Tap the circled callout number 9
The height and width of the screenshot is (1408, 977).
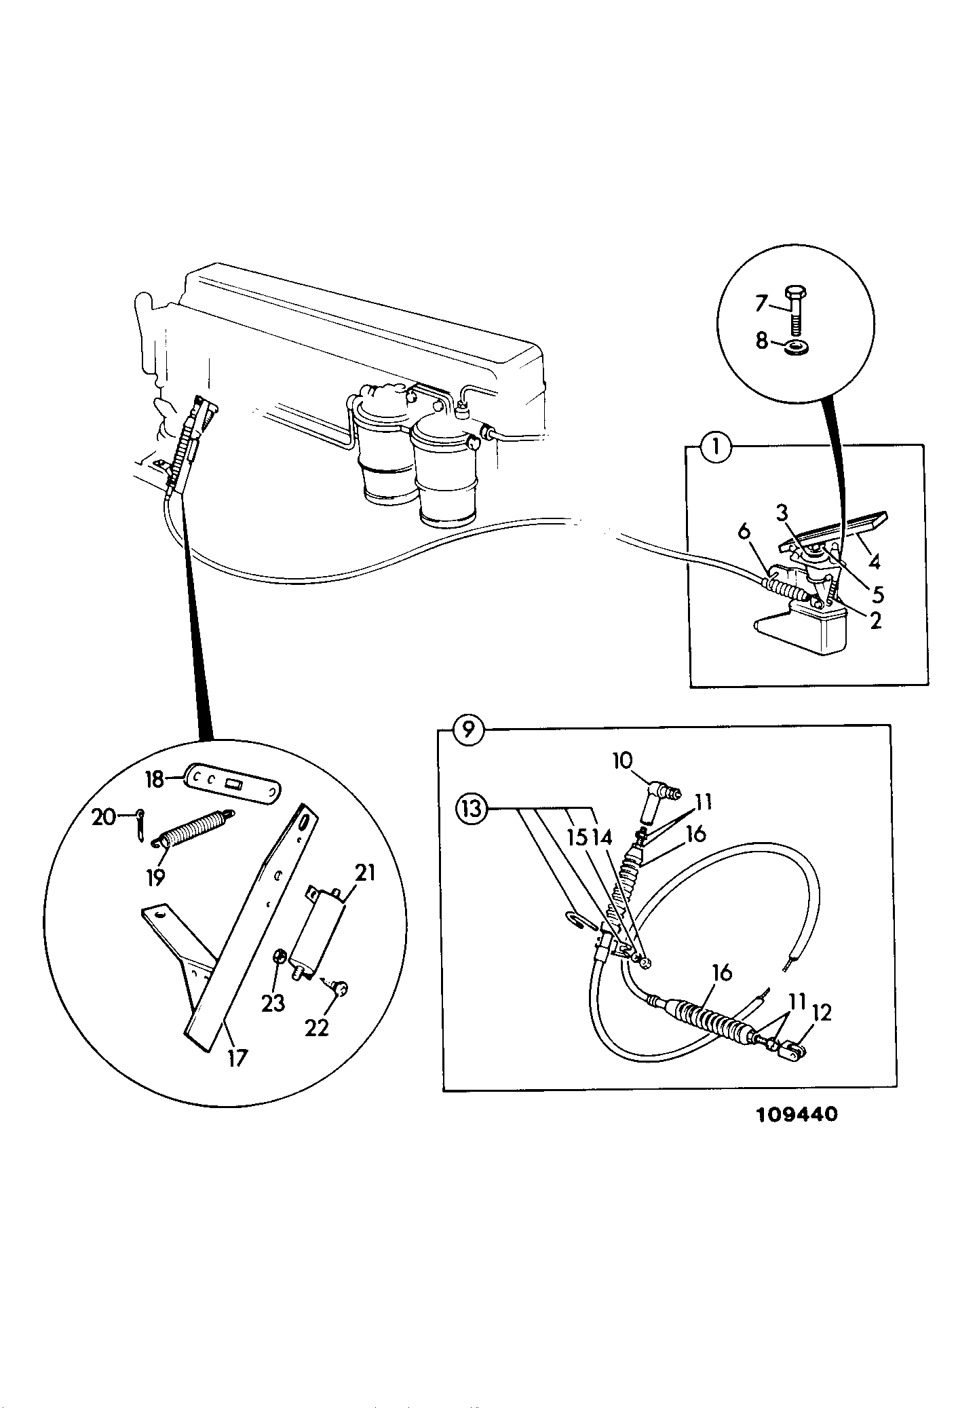point(467,731)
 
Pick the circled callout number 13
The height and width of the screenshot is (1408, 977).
point(472,809)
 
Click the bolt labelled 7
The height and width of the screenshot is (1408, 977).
point(794,309)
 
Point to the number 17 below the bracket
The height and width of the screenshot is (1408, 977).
point(236,1058)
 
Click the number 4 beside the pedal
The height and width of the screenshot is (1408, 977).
point(875,563)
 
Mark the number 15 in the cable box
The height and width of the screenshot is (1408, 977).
point(577,838)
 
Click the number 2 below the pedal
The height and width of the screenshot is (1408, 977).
point(875,620)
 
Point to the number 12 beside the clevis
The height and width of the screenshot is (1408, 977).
point(820,1013)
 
